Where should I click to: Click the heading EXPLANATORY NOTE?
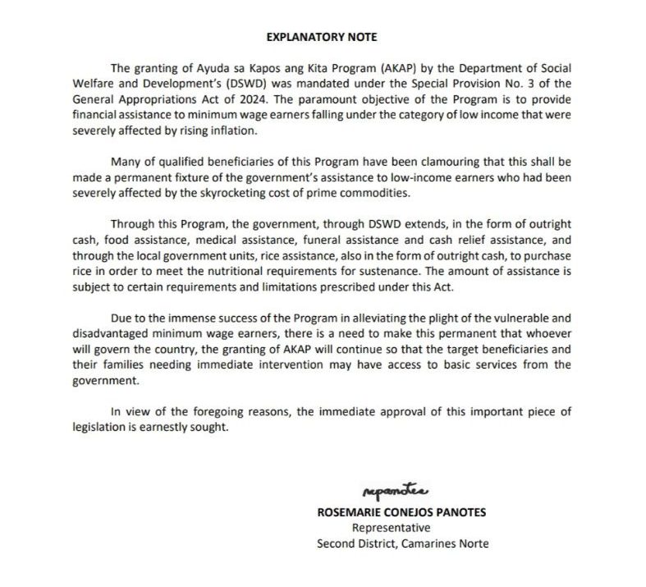[x=322, y=38]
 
